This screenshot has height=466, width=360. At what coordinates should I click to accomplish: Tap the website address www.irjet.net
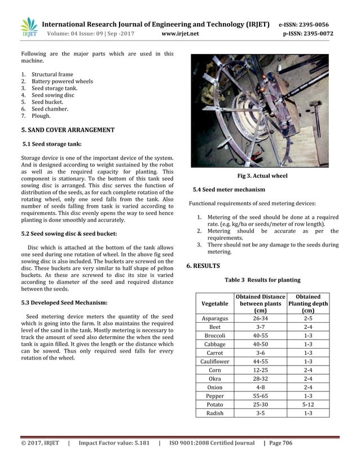click(180, 33)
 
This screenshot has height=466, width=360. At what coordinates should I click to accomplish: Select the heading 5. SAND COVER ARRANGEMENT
click(67, 130)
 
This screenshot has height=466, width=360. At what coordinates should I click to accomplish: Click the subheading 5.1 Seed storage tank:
click(51, 144)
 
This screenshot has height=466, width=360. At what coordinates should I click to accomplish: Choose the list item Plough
click(41, 116)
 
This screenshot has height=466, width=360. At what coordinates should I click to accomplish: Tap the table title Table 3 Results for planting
click(262, 280)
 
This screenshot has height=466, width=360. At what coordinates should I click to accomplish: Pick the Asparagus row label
click(214, 318)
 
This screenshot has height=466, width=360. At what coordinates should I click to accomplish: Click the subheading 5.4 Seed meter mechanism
click(229, 189)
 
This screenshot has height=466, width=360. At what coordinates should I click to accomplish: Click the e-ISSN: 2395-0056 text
click(304, 25)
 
